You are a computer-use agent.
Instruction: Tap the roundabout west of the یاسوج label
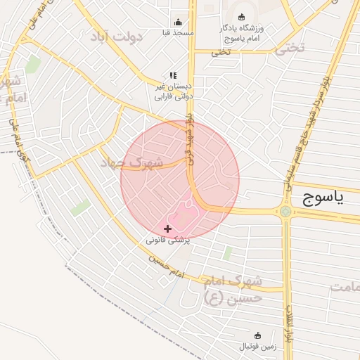tap(285, 211)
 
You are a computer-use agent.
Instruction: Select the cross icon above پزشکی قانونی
tap(167, 229)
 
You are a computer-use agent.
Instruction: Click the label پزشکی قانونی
tap(168, 240)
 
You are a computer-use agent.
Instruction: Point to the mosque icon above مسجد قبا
tap(177, 22)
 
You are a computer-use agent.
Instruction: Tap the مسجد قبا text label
tap(177, 32)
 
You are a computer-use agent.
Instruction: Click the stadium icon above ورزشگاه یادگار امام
tap(242, 17)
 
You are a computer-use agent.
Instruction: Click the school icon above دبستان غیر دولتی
tap(173, 75)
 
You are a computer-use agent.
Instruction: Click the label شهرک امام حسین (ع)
tap(232, 289)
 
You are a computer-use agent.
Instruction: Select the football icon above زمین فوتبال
tap(257, 335)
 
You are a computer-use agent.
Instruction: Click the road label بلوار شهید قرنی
tap(188, 137)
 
